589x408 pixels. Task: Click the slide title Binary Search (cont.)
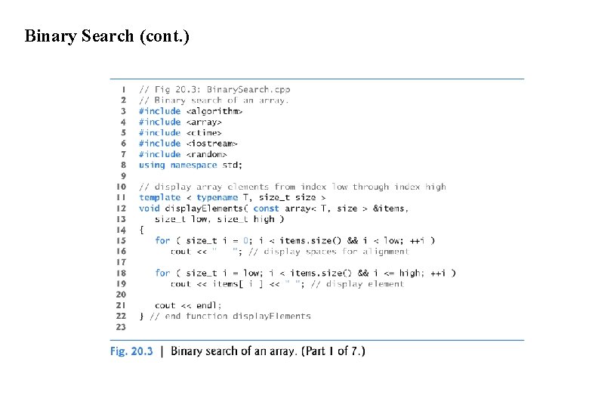point(107,36)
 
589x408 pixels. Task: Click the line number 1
point(123,89)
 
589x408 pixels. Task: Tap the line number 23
point(121,327)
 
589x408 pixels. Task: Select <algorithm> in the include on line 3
point(214,111)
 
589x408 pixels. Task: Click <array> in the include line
point(204,122)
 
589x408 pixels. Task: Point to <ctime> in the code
point(204,132)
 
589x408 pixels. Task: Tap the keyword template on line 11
point(159,197)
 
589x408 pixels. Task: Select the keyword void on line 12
point(149,209)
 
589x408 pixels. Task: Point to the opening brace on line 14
point(141,230)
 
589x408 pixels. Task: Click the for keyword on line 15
point(162,241)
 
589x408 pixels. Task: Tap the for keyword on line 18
point(162,273)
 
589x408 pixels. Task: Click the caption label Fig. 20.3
point(131,351)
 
